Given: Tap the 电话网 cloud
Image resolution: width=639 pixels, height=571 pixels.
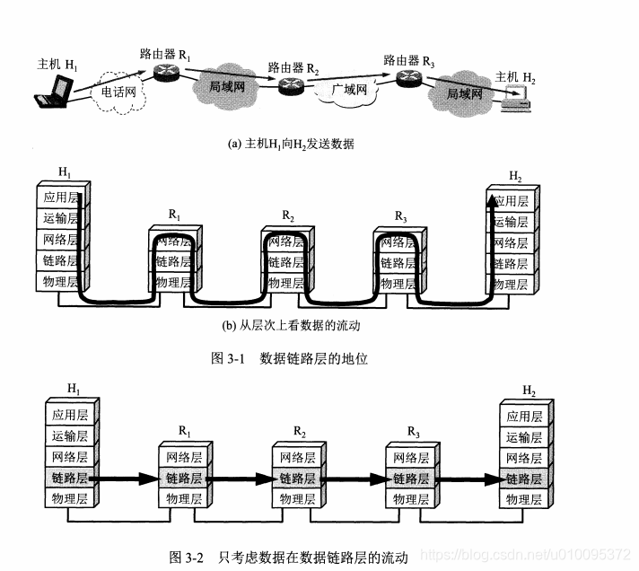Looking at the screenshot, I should pos(117,91).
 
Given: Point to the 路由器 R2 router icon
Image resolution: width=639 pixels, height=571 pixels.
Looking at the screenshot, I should pos(291,86).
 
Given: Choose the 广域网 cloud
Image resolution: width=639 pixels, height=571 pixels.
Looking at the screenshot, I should pos(349,92).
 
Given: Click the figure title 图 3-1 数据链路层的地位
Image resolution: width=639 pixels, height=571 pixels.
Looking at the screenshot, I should pos(289,358).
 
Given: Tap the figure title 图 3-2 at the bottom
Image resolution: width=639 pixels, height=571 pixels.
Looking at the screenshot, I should pos(289,557).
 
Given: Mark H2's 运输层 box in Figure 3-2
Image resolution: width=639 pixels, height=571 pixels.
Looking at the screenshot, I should pos(523,437).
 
